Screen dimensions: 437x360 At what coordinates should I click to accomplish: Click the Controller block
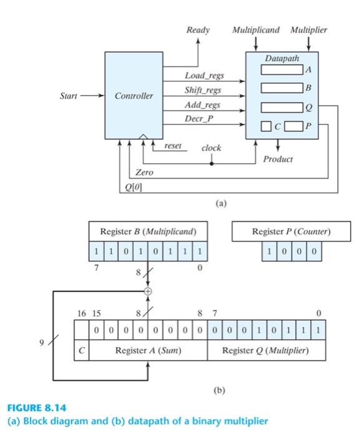coord(134,96)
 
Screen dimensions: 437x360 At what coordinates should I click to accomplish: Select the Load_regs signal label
coord(204,76)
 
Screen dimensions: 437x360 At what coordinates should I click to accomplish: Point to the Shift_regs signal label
coord(203,91)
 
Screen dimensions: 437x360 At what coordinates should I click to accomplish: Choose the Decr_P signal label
coord(198,118)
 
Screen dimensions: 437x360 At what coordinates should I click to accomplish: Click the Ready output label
coord(198,30)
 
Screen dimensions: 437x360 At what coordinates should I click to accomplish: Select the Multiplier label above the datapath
coord(309,30)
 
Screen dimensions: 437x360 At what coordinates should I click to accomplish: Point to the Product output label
coord(278,159)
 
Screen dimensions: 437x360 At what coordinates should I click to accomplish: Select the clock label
coord(211,149)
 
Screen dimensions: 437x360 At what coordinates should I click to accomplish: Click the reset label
coord(173,145)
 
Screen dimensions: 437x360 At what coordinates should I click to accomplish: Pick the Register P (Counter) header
coord(291,232)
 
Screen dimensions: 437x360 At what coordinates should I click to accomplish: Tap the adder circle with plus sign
coord(148,291)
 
